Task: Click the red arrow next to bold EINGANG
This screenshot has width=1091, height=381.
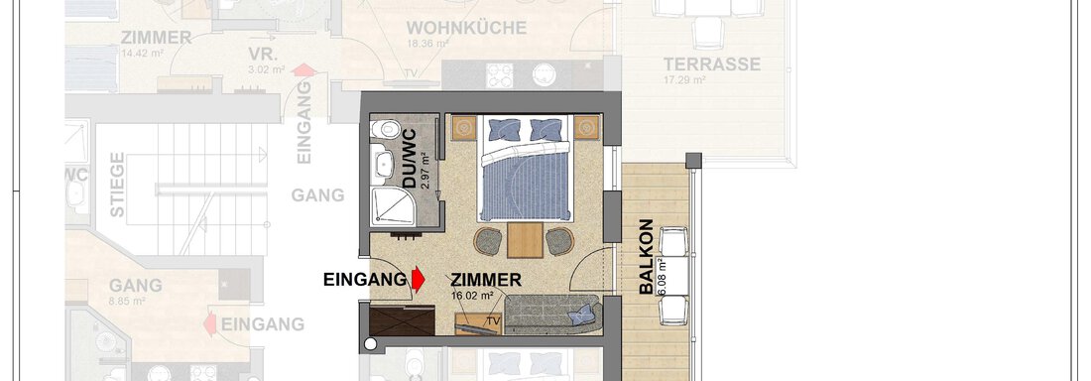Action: click(418, 280)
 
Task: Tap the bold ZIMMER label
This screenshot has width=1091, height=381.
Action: click(486, 281)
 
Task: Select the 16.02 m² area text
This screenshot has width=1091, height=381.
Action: click(471, 296)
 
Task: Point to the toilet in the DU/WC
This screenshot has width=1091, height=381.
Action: click(383, 161)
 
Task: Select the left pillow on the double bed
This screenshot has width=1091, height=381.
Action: click(505, 130)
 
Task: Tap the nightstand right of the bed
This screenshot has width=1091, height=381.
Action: click(586, 128)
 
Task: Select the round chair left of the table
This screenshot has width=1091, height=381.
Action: click(489, 241)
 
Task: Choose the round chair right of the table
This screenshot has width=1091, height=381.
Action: click(562, 241)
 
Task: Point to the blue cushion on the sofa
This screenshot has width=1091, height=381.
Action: click(580, 317)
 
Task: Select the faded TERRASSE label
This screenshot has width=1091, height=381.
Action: click(712, 65)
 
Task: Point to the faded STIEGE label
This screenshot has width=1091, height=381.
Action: click(118, 185)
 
